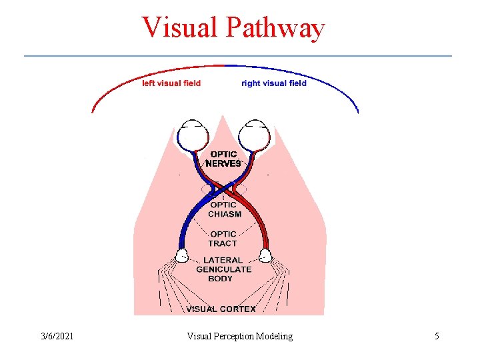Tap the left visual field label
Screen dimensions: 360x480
[x=171, y=83]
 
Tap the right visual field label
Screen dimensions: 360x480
[x=274, y=83]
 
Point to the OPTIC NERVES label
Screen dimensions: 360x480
[x=223, y=159]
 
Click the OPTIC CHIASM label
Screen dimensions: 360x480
[x=224, y=209]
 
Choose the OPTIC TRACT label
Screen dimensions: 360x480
[x=223, y=239]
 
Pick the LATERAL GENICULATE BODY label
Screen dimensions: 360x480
[x=223, y=269]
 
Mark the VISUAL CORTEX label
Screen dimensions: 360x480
[x=221, y=309]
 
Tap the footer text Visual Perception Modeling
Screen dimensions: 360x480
[x=239, y=337]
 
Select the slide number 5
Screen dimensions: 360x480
[x=437, y=337]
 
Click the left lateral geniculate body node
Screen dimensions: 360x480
[x=181, y=255]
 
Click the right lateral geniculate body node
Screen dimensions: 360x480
[x=265, y=255]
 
